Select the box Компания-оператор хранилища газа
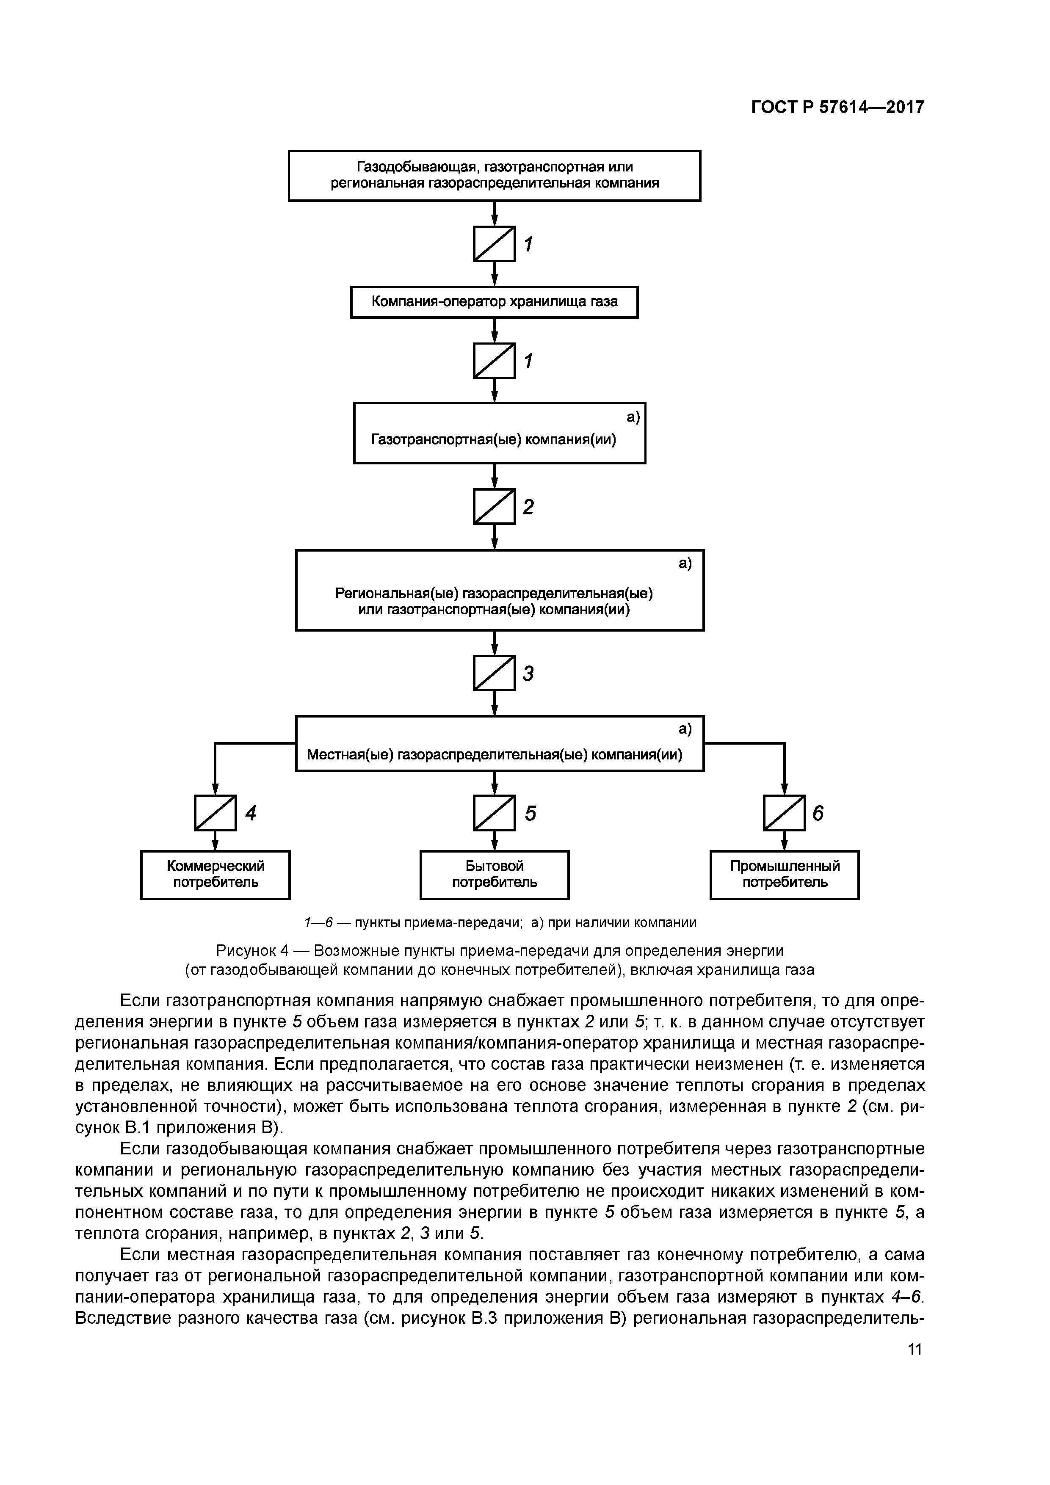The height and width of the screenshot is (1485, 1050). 494,302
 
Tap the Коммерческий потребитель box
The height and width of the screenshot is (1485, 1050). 216,875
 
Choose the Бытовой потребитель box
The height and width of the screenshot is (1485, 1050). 494,875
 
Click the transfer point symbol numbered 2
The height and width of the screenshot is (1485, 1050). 494,506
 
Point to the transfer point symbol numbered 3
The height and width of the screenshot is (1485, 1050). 494,673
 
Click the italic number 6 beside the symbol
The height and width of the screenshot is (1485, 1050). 818,813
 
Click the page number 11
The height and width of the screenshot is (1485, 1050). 914,1349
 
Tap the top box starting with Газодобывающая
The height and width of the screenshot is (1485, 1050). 494,175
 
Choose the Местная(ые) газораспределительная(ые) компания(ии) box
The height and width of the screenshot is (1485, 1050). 500,743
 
